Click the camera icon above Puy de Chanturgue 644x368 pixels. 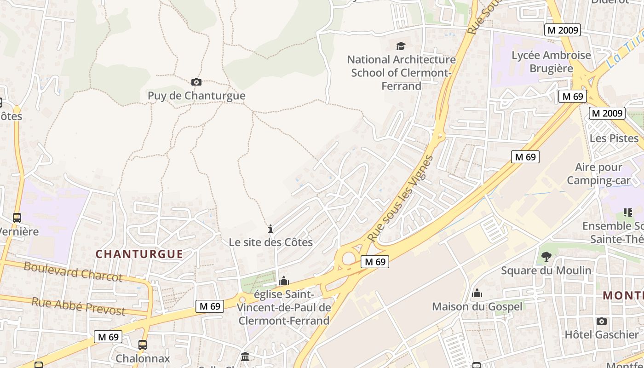(196, 82)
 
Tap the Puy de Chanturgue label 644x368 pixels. (196, 96)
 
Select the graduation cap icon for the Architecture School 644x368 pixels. (401, 46)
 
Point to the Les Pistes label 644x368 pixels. (614, 138)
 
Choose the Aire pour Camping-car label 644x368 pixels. (598, 173)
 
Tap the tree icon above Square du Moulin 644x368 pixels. (546, 256)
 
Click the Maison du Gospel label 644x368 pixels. (477, 306)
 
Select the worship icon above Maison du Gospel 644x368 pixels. (477, 293)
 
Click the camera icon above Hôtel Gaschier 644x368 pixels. (602, 321)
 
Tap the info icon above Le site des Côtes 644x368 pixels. (270, 229)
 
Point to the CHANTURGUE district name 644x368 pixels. (139, 254)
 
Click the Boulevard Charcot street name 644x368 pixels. (73, 271)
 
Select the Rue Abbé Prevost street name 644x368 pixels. (78, 306)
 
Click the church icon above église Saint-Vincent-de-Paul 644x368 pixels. (284, 281)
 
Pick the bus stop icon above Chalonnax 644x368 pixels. (143, 345)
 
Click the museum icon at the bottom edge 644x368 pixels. (245, 357)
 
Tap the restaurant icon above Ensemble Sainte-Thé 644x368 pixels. (627, 212)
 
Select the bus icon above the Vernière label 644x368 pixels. (17, 218)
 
